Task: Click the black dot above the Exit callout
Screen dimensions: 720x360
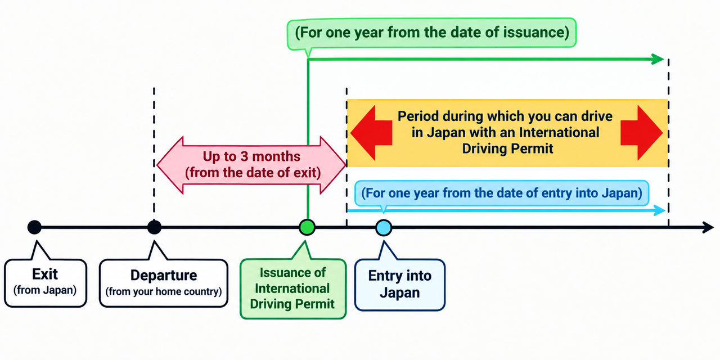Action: (x=34, y=227)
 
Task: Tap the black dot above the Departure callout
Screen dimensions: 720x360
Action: (x=154, y=227)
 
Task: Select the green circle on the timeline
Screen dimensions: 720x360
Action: (x=307, y=227)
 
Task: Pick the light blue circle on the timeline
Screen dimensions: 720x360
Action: (x=384, y=228)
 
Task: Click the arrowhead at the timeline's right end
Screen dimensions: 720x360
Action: (x=708, y=227)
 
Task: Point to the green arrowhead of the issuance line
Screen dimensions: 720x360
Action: (x=658, y=59)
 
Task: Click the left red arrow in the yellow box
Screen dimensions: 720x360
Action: (x=371, y=133)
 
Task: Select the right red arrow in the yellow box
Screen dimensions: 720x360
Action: (x=642, y=133)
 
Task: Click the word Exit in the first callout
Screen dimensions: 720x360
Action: (x=45, y=274)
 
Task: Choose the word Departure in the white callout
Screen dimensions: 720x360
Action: (x=164, y=276)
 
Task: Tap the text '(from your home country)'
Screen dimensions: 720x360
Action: (x=164, y=291)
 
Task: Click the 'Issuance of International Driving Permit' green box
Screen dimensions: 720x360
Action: (x=293, y=289)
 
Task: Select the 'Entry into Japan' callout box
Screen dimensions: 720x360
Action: (x=400, y=285)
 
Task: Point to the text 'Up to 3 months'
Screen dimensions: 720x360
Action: (x=251, y=156)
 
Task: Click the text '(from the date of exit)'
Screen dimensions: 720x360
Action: (x=253, y=173)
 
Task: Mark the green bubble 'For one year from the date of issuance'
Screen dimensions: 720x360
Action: (x=431, y=33)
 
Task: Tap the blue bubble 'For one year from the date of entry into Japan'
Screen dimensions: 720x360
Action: (x=502, y=193)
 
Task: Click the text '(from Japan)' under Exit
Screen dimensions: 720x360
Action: (x=45, y=290)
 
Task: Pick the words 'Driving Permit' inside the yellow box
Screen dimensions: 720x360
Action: (x=507, y=148)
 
